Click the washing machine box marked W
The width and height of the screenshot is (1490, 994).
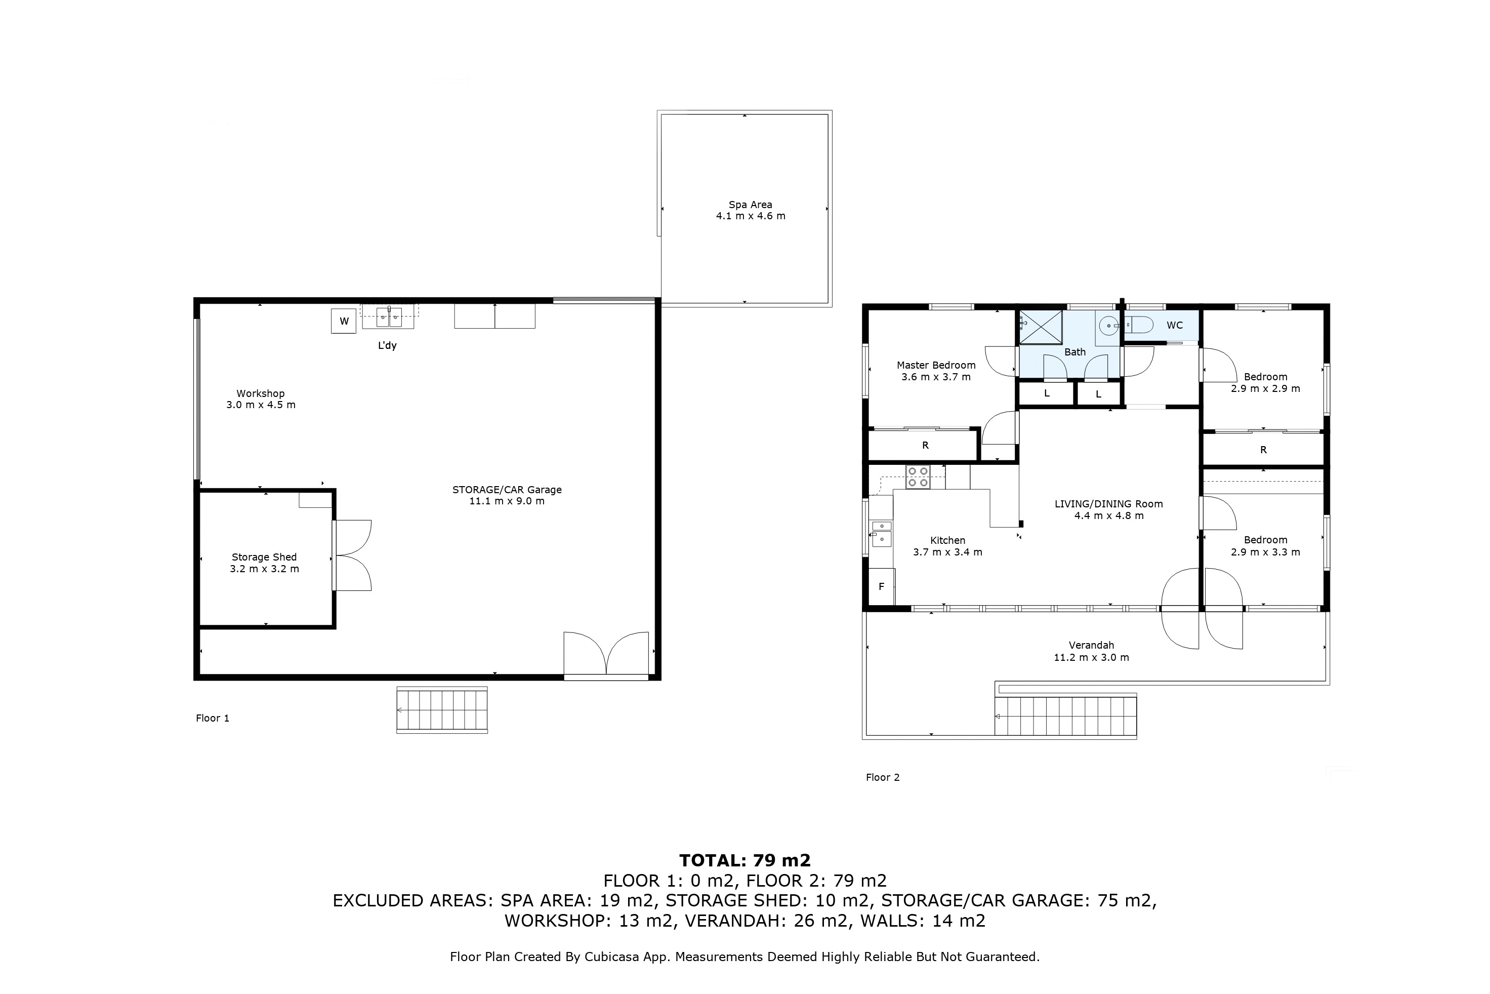[x=344, y=321]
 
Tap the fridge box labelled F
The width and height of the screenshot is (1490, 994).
[x=881, y=586]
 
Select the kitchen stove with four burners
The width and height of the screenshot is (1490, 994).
[x=917, y=476]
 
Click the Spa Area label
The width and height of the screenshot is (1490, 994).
[x=750, y=205]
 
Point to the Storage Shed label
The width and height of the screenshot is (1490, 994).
[x=264, y=557]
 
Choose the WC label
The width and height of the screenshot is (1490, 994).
[x=1175, y=325]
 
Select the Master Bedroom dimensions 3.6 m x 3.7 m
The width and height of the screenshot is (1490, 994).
[x=936, y=377]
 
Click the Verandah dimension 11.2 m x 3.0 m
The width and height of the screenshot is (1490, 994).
[x=1091, y=657]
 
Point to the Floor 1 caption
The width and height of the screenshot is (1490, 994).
[x=212, y=718]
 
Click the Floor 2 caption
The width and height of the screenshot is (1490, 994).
[x=883, y=777]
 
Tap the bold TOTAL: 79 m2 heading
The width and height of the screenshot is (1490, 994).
[x=745, y=860]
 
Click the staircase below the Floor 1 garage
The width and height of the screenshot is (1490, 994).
[x=442, y=710]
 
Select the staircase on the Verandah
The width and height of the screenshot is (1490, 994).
[x=1065, y=717]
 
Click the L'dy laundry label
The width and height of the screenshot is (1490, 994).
[x=387, y=345]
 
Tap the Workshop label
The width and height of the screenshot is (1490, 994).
[x=260, y=393]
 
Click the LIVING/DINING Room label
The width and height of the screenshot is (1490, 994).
[x=1108, y=504]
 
